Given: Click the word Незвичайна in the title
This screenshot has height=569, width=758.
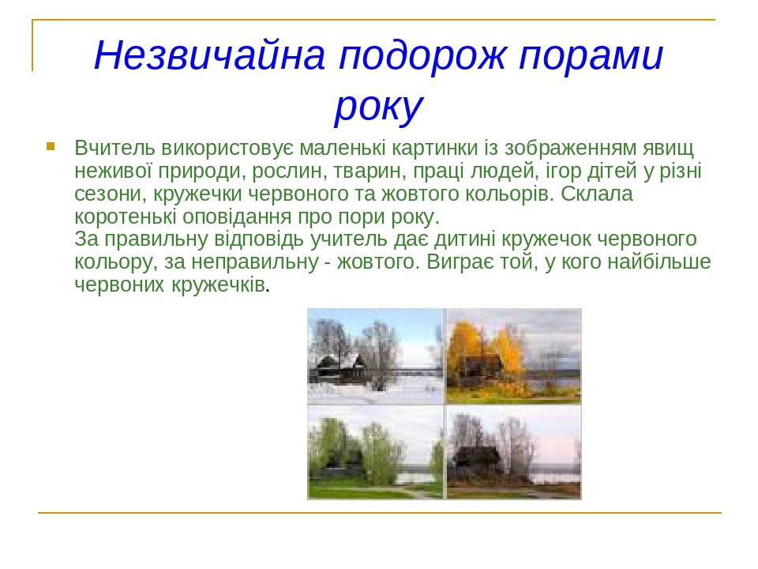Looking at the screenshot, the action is [208, 55].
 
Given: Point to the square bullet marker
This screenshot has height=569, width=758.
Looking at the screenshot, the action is [51, 145].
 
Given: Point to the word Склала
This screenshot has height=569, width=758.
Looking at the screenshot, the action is [597, 194].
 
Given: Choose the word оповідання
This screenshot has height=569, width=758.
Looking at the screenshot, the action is [237, 217].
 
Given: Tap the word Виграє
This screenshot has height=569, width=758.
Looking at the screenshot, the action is [457, 262].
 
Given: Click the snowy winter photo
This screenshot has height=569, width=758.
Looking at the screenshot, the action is [376, 356].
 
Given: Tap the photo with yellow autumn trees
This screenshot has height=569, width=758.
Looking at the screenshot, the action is [513, 356].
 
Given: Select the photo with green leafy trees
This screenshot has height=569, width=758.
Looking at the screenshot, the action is [376, 452].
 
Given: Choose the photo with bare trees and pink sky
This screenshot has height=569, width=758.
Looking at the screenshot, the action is [513, 452].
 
